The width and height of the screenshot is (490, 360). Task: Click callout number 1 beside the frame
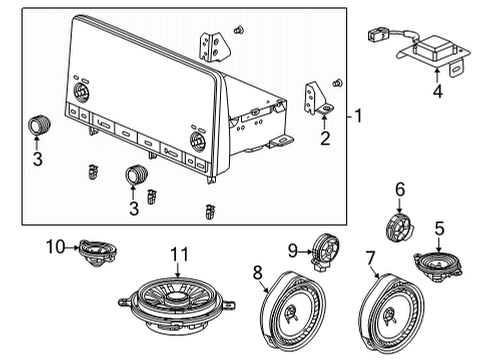click(360, 118)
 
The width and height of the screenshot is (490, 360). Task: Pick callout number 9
click(294, 250)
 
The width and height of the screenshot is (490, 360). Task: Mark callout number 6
click(400, 188)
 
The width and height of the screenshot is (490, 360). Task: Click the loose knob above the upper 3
click(40, 124)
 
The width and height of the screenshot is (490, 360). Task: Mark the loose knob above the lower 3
click(135, 176)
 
